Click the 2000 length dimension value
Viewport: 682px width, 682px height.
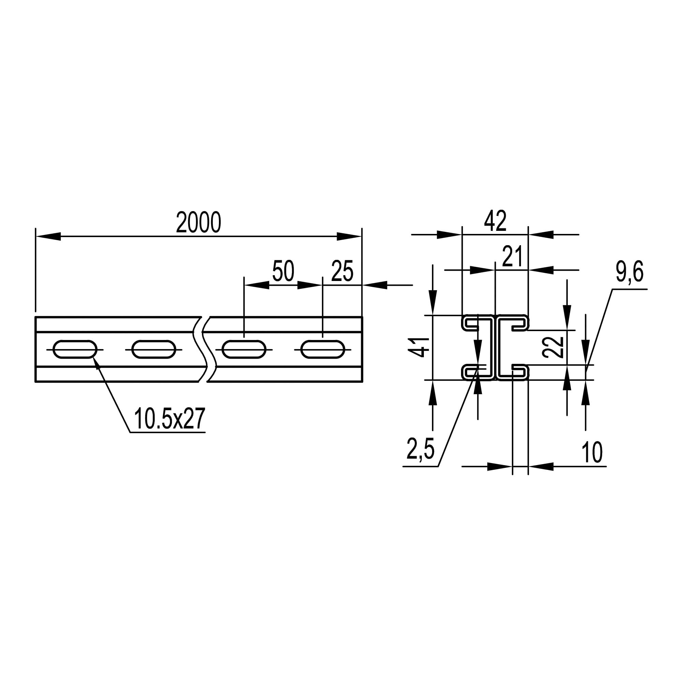pos(198,223)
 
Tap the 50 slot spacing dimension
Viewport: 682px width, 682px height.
pos(283,271)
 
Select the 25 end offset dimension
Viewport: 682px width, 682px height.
pos(342,271)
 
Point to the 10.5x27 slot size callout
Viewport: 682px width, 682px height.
pos(169,419)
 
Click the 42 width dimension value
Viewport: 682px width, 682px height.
pos(495,221)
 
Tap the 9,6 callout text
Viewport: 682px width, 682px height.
pos(630,272)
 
